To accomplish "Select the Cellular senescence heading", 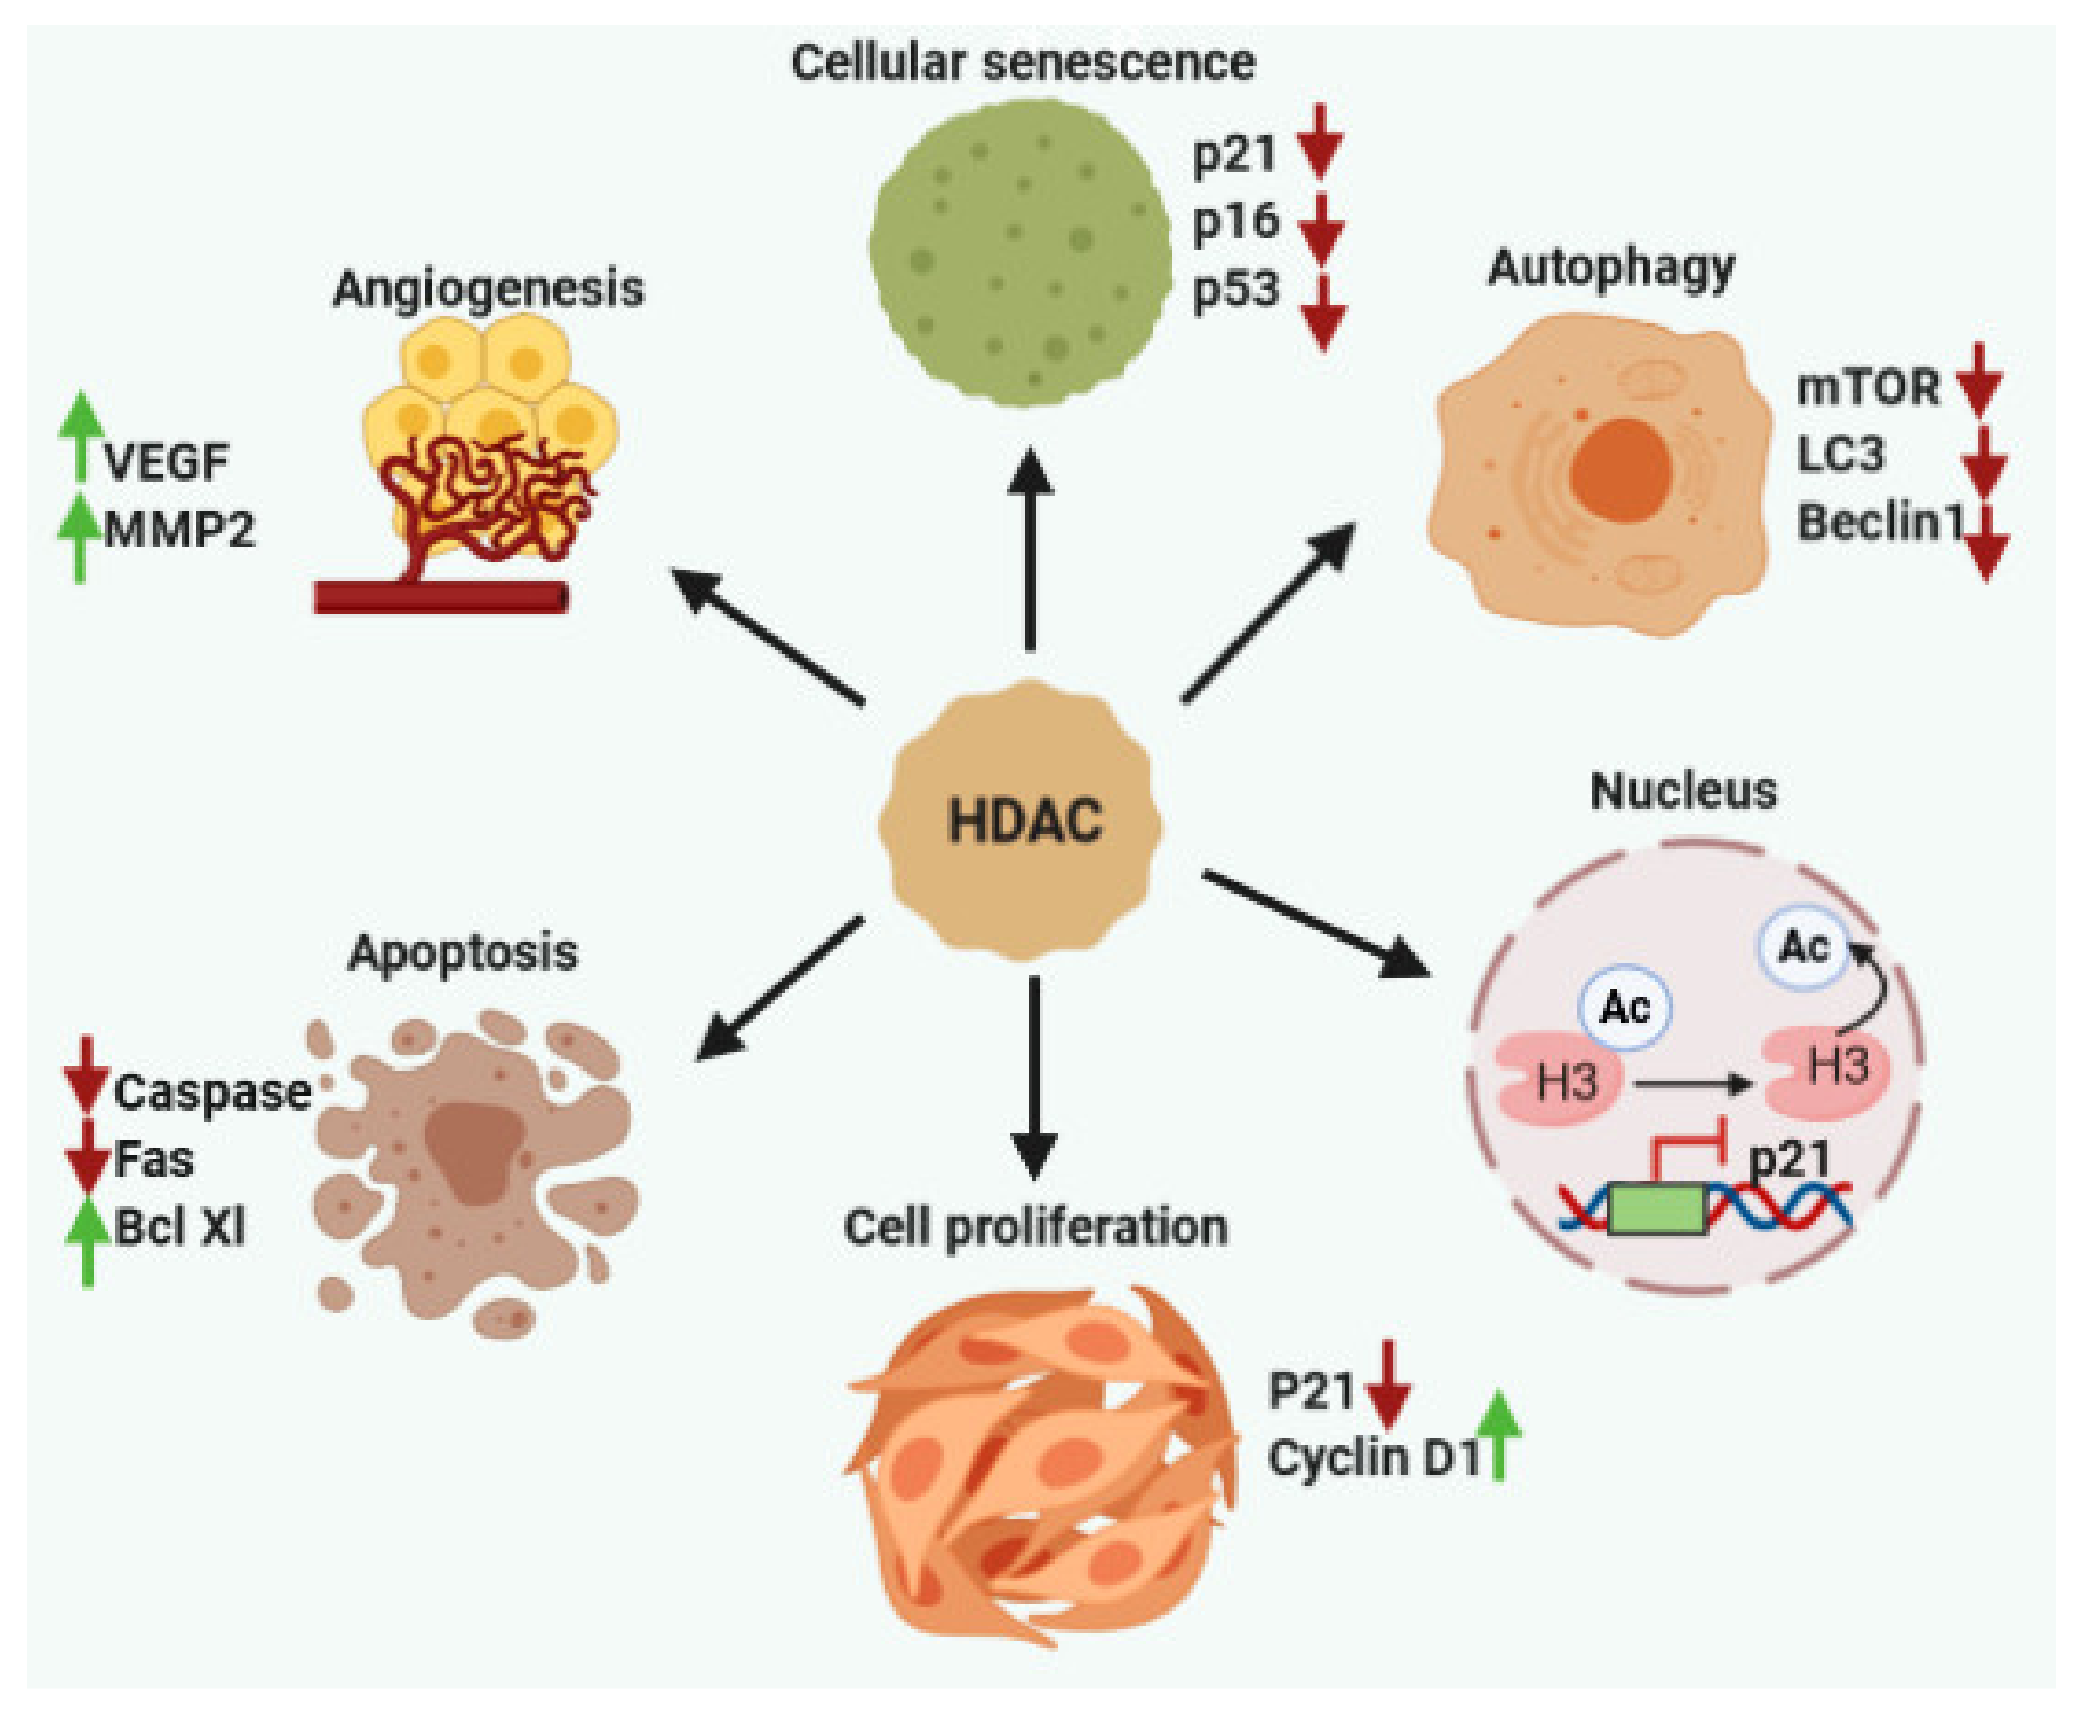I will pos(1022,62).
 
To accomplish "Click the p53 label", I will pos(1236,291).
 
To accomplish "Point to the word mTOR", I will pos(1867,387).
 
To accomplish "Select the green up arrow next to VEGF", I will pos(80,437).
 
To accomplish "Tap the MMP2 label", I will pos(180,529).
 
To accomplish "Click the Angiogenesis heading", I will pos(488,289).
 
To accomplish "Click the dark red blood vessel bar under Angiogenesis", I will pos(441,598).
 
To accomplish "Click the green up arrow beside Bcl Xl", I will pos(87,1241).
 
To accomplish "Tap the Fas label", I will pos(153,1159).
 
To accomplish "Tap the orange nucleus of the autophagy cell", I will pos(1620,469).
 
